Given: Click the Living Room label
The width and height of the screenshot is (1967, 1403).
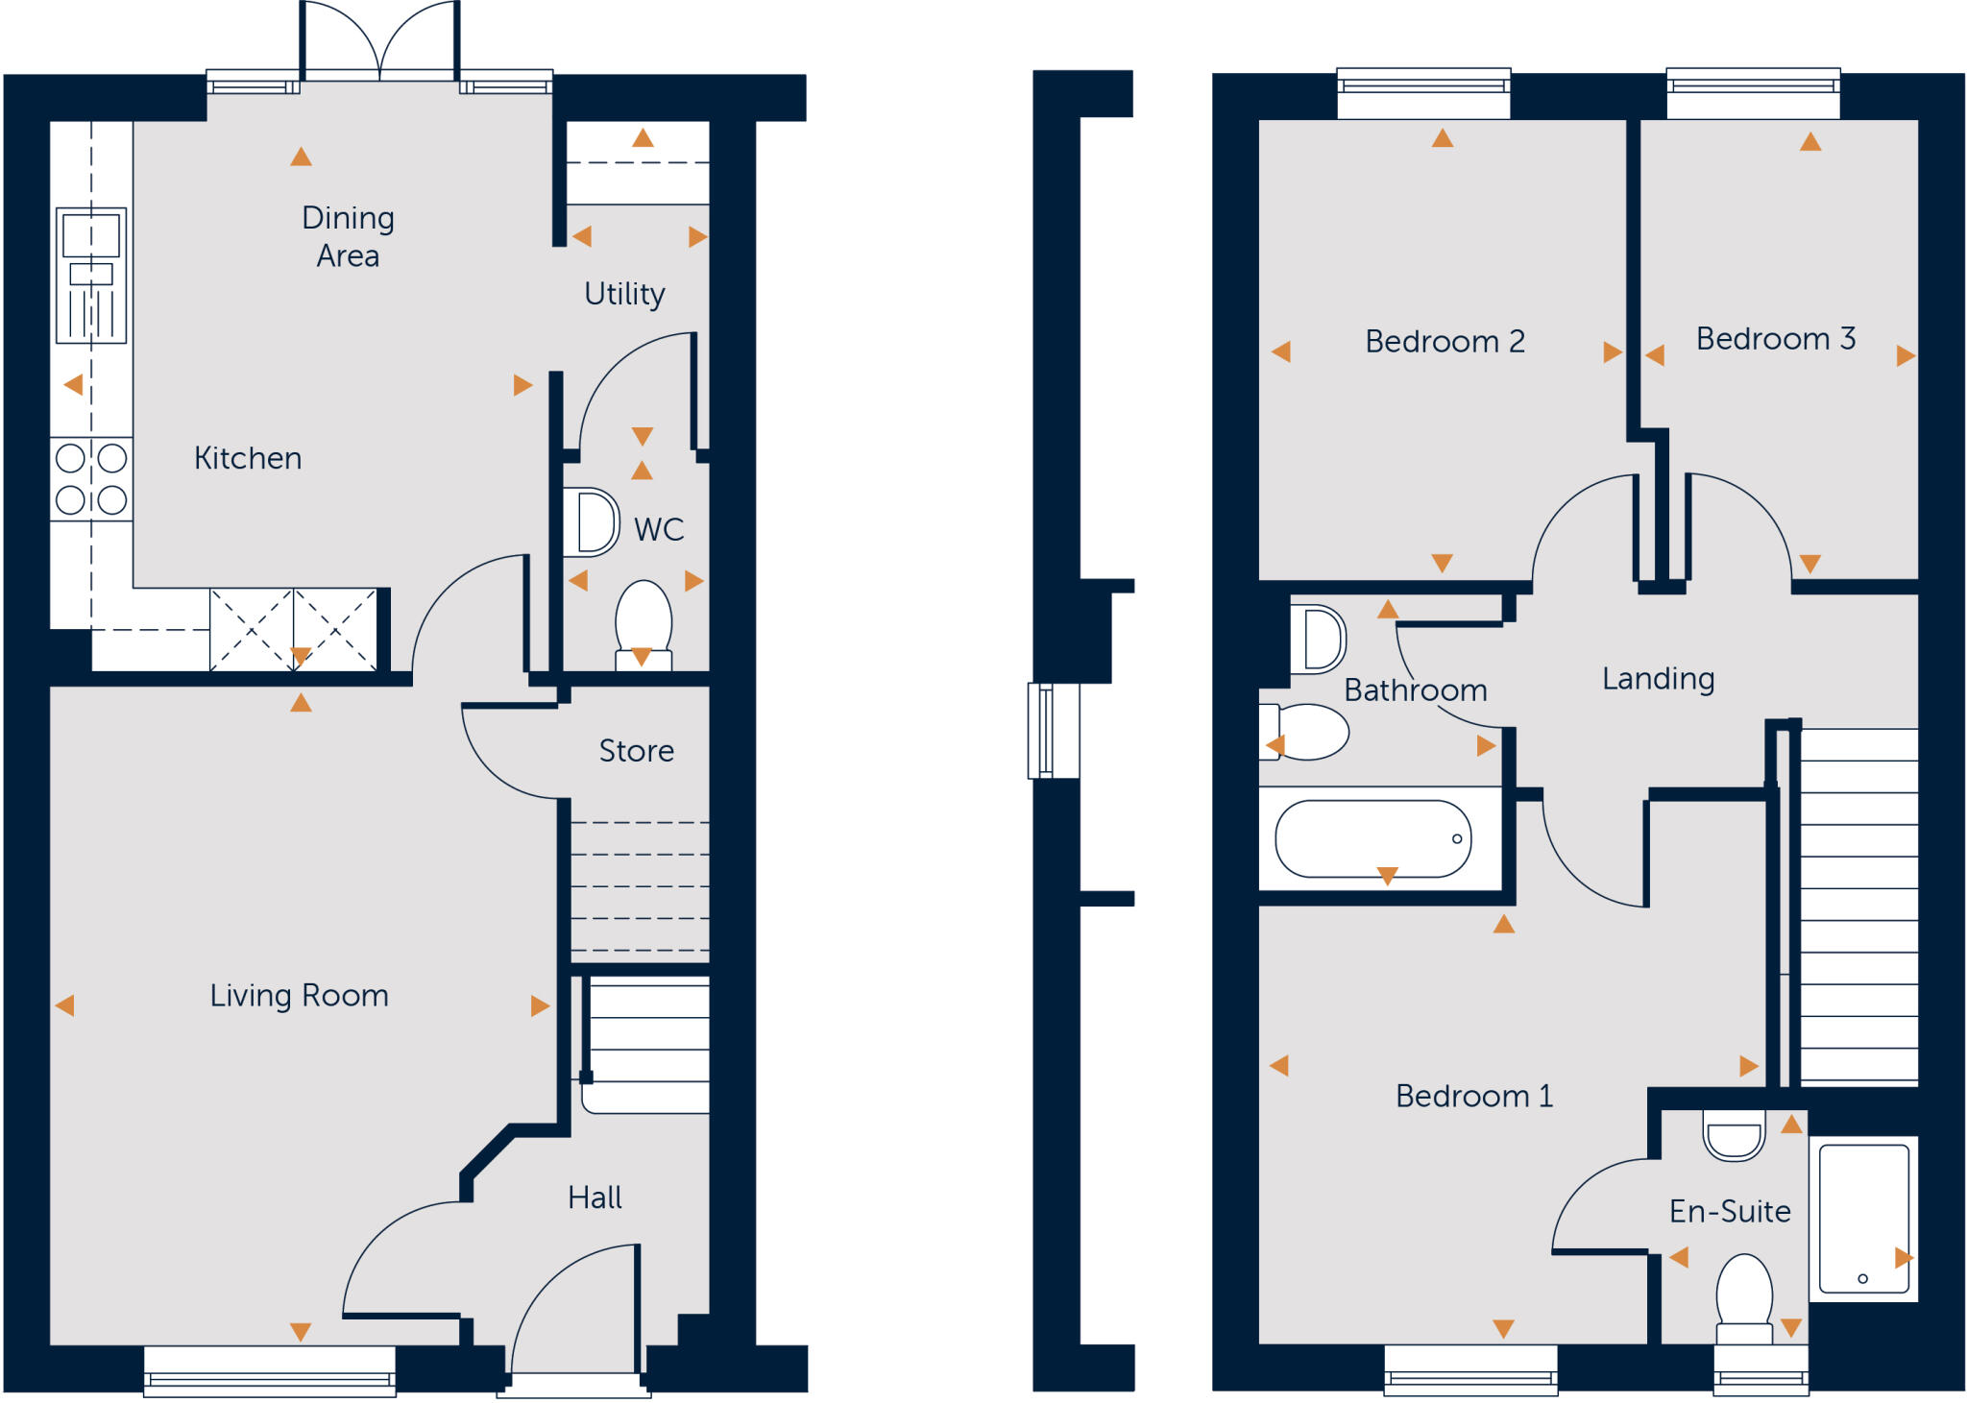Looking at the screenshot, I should point(299,996).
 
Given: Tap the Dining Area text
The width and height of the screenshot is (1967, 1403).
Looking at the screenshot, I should point(348,236).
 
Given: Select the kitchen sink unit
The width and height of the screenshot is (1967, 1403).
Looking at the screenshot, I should point(91,275).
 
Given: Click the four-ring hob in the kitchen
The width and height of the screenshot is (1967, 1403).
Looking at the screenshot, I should point(91,478).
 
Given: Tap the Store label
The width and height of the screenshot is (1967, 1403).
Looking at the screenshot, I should point(636,751).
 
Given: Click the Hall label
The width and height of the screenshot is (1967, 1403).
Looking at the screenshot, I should point(595,1197).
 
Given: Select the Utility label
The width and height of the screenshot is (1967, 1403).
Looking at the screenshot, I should point(624,294).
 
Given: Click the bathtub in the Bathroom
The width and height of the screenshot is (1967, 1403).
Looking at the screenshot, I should point(1372,839).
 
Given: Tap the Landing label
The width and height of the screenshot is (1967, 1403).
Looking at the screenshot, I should point(1658,679).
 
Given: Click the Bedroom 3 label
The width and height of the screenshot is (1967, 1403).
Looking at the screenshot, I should point(1775,339).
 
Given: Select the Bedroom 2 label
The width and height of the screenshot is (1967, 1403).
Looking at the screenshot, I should point(1445,342).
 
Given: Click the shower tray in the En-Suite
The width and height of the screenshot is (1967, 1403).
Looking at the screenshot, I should point(1863,1218).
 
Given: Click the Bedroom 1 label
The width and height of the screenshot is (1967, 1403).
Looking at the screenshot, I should point(1473,1097).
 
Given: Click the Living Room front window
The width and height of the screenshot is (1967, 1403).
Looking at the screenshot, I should point(270,1372).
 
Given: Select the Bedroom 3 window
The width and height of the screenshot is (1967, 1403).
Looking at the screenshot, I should point(1753,93).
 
